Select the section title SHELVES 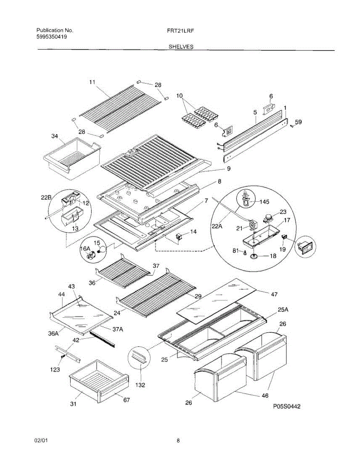point(181,46)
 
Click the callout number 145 point(264,201)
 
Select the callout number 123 point(55,370)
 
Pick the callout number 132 point(140,385)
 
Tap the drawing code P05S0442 point(286,406)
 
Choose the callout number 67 point(126,400)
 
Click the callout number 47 point(274,294)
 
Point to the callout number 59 point(298,122)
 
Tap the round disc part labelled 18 point(254,257)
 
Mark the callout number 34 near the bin point(55,136)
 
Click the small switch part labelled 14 point(180,236)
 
